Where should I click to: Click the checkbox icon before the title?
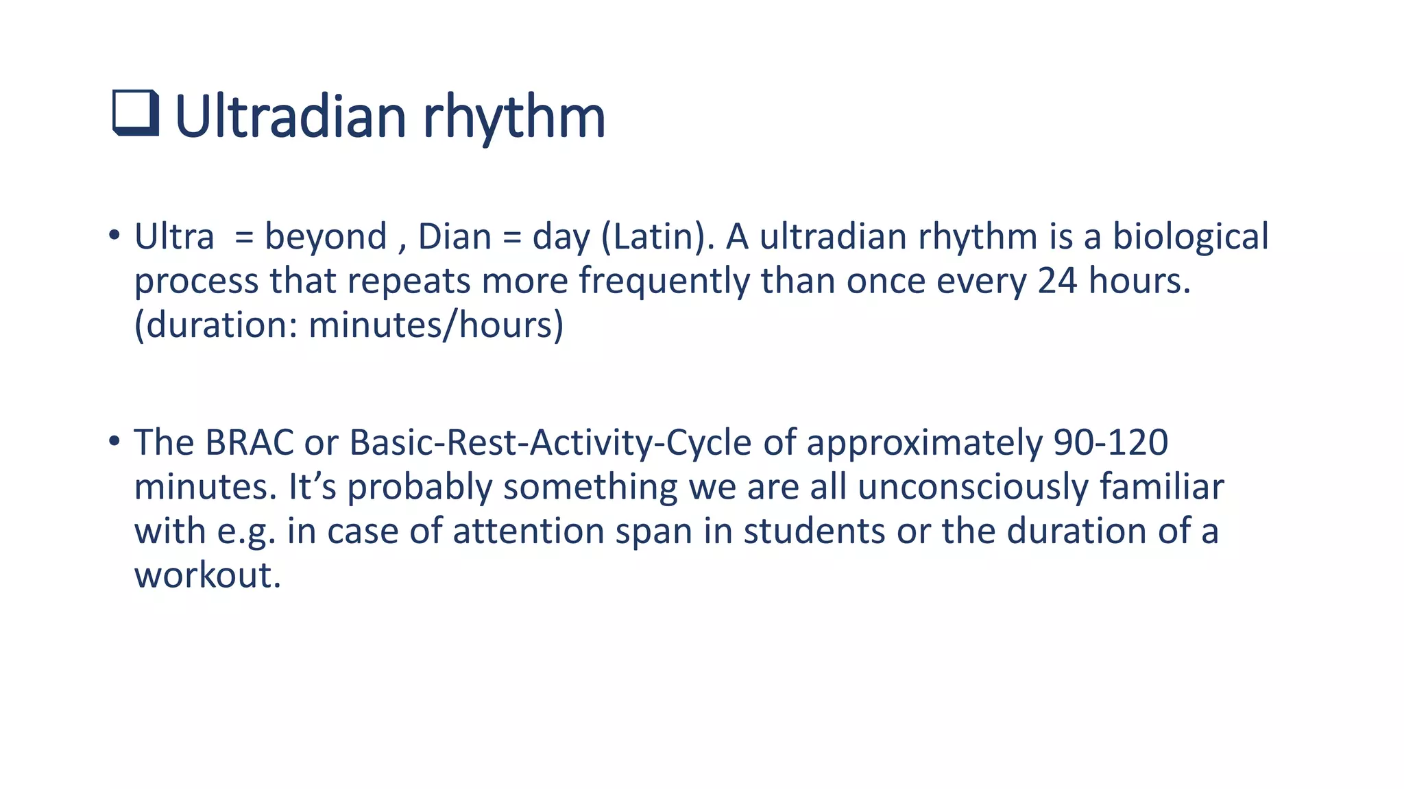[136, 114]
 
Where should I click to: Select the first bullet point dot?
[114, 236]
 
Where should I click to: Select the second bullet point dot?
[114, 442]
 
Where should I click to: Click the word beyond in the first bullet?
[326, 237]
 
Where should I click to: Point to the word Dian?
[455, 237]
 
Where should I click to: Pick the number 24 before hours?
[1057, 281]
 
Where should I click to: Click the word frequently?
[664, 281]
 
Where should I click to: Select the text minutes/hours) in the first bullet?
[436, 325]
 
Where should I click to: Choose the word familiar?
[1161, 487]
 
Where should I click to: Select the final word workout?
[207, 575]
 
